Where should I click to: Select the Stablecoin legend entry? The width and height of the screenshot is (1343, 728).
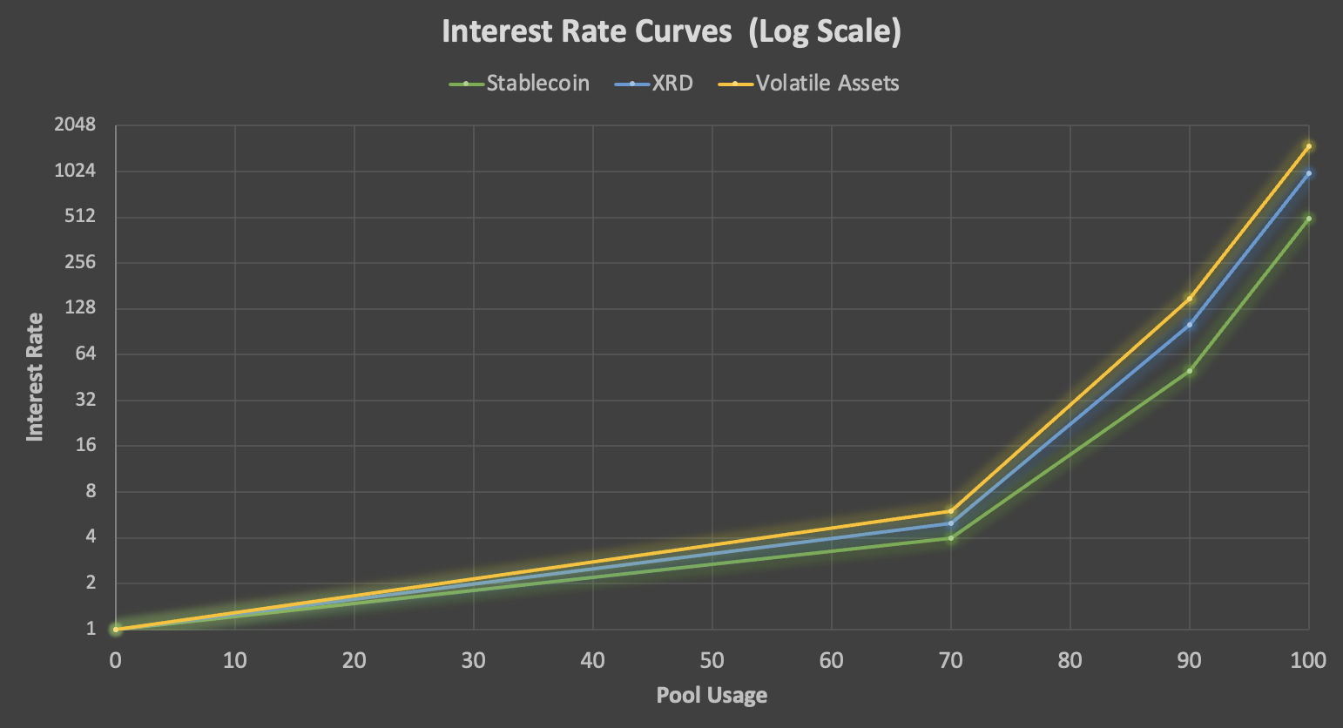(537, 84)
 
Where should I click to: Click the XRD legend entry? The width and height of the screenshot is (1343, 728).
(672, 84)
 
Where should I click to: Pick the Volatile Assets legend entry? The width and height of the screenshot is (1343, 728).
(827, 84)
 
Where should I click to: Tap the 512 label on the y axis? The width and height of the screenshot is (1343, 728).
(79, 216)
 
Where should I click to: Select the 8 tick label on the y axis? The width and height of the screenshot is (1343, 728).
(90, 491)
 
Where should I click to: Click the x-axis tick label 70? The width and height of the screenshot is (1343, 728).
(950, 660)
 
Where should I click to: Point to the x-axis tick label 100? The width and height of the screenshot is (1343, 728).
(1308, 660)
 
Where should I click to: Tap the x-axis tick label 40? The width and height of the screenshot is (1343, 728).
(592, 660)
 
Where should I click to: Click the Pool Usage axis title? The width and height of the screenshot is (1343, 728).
(712, 695)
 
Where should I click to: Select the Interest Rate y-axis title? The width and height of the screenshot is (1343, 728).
(35, 376)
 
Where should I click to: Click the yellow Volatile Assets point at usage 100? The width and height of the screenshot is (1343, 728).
(1308, 146)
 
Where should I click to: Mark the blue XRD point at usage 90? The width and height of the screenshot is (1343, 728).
(1189, 325)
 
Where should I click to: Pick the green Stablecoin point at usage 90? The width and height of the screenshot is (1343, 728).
(1189, 371)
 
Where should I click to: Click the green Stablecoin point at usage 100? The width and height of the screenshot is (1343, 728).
(1308, 219)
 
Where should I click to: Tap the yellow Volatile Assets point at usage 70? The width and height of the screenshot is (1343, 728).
(950, 511)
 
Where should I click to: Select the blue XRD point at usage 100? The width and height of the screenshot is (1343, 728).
(1308, 173)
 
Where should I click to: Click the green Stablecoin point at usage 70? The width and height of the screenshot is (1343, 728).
(950, 538)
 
